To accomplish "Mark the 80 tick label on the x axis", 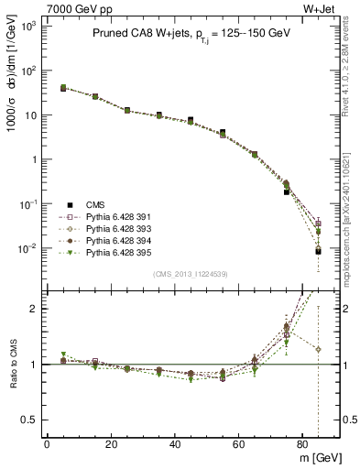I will click(x=303, y=443).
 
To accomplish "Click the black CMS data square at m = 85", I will click(x=318, y=251).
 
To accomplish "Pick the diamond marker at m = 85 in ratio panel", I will click(x=318, y=349).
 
